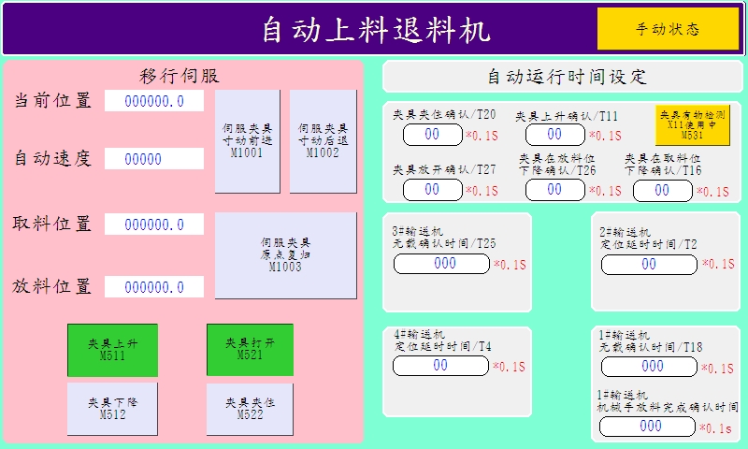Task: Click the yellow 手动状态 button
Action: click(x=668, y=29)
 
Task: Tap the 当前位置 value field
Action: click(x=154, y=101)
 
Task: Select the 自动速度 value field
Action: click(x=154, y=159)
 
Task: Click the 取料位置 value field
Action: click(x=154, y=224)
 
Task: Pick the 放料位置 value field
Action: click(x=154, y=287)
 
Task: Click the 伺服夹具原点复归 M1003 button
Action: click(x=285, y=254)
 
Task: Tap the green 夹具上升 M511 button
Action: click(x=112, y=350)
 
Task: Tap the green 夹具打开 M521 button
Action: click(x=250, y=349)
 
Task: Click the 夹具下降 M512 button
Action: click(x=112, y=408)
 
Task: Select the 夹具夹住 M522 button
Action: click(x=250, y=408)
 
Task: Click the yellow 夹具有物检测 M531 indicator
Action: click(x=693, y=123)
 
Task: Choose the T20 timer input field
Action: click(x=432, y=135)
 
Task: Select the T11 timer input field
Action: click(x=554, y=135)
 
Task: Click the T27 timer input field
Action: click(x=432, y=190)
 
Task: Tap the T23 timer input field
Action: click(x=441, y=264)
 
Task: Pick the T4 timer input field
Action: click(x=441, y=366)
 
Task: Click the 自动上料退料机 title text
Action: click(x=375, y=30)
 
